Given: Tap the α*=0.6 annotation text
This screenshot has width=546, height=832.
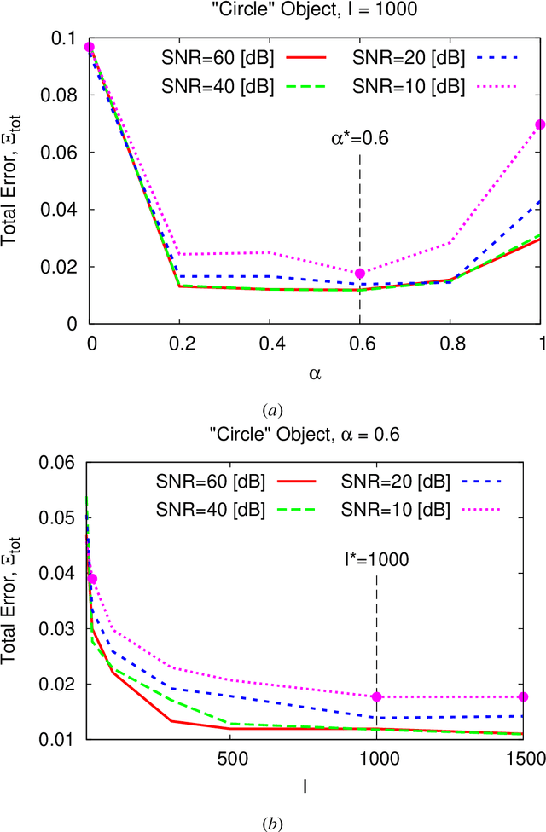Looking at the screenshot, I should (360, 138).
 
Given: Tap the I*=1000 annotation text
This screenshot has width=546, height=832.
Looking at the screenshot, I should (376, 560).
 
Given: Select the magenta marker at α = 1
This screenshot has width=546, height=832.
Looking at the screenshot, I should (540, 124).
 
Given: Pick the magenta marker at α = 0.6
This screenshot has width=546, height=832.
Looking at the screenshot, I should (360, 274).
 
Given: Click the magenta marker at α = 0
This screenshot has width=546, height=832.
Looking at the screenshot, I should (90, 47).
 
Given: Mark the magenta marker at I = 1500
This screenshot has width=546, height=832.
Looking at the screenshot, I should (523, 697).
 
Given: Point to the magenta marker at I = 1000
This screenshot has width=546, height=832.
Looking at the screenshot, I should (377, 697).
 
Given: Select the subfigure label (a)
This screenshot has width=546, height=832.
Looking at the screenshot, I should (272, 410).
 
